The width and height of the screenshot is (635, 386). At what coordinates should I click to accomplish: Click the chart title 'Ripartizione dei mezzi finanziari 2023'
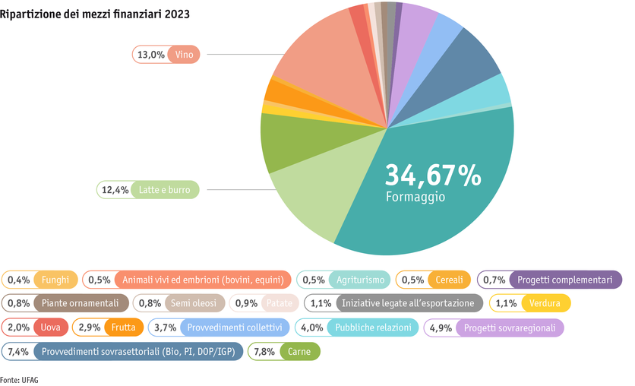pyautogui.click(x=95, y=14)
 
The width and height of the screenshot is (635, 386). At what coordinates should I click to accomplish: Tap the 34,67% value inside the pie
pyautogui.click(x=433, y=175)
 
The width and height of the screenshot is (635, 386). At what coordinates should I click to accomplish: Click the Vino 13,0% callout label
pyautogui.click(x=166, y=55)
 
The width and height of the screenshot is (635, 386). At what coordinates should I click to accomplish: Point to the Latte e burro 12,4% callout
pyautogui.click(x=148, y=189)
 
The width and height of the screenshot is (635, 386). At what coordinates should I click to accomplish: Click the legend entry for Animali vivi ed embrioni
pyautogui.click(x=186, y=280)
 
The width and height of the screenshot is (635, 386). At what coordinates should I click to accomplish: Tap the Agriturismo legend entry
pyautogui.click(x=343, y=280)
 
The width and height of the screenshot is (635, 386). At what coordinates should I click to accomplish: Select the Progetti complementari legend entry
pyautogui.click(x=549, y=280)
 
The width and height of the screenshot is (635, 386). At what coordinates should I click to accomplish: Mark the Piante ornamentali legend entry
pyautogui.click(x=65, y=303)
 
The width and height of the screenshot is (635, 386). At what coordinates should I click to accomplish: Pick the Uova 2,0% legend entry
pyautogui.click(x=36, y=327)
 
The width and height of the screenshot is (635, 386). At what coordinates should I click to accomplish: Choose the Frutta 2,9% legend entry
pyautogui.click(x=107, y=327)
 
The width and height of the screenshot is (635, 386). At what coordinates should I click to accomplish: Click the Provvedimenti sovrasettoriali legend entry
pyautogui.click(x=122, y=351)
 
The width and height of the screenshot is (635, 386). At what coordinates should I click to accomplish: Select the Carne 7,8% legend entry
pyautogui.click(x=284, y=351)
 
